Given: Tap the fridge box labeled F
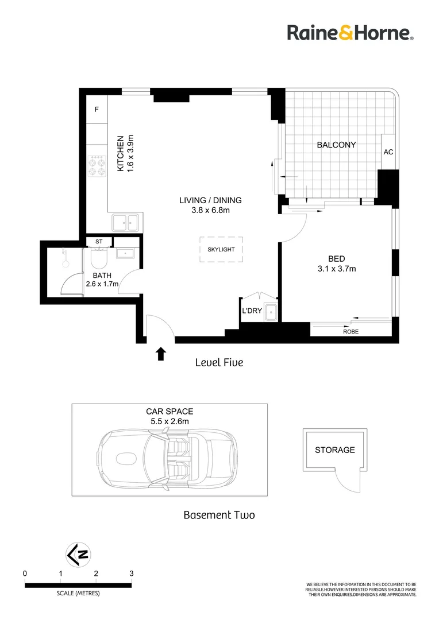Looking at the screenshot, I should point(97,109).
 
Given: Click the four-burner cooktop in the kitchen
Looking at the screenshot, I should point(97,166).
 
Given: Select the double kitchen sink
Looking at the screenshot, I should point(125,222).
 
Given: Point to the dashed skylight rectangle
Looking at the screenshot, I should point(221,250).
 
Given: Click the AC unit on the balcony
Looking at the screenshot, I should point(388,152).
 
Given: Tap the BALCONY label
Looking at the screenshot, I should point(336,145).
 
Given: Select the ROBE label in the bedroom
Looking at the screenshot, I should point(351,332).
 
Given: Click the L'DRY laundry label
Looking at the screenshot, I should point(252,311).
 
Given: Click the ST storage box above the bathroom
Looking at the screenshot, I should point(98,242).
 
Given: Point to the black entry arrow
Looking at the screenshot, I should point(161,354).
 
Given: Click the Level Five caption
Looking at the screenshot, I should point(219,362).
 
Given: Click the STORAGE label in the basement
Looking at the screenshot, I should point(334,450).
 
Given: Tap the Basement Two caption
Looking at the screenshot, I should point(219,515).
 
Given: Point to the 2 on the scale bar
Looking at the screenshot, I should point(96,573).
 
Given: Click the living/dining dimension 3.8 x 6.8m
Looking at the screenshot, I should point(210,211).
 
